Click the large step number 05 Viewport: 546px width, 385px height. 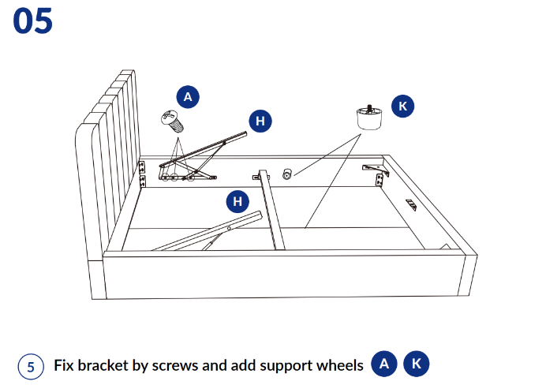click(32, 21)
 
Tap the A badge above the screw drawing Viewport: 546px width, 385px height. click(188, 97)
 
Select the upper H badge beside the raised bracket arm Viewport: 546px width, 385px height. click(261, 121)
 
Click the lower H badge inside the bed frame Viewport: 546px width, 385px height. click(237, 201)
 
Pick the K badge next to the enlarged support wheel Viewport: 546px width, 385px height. click(402, 106)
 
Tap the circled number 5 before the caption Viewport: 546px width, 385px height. click(31, 366)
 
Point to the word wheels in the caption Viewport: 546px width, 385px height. click(340, 365)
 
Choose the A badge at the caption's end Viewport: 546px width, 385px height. click(384, 364)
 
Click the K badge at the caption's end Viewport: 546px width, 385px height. click(417, 364)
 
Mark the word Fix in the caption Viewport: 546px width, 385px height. click(65, 365)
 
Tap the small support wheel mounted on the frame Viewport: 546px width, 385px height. click(288, 174)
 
